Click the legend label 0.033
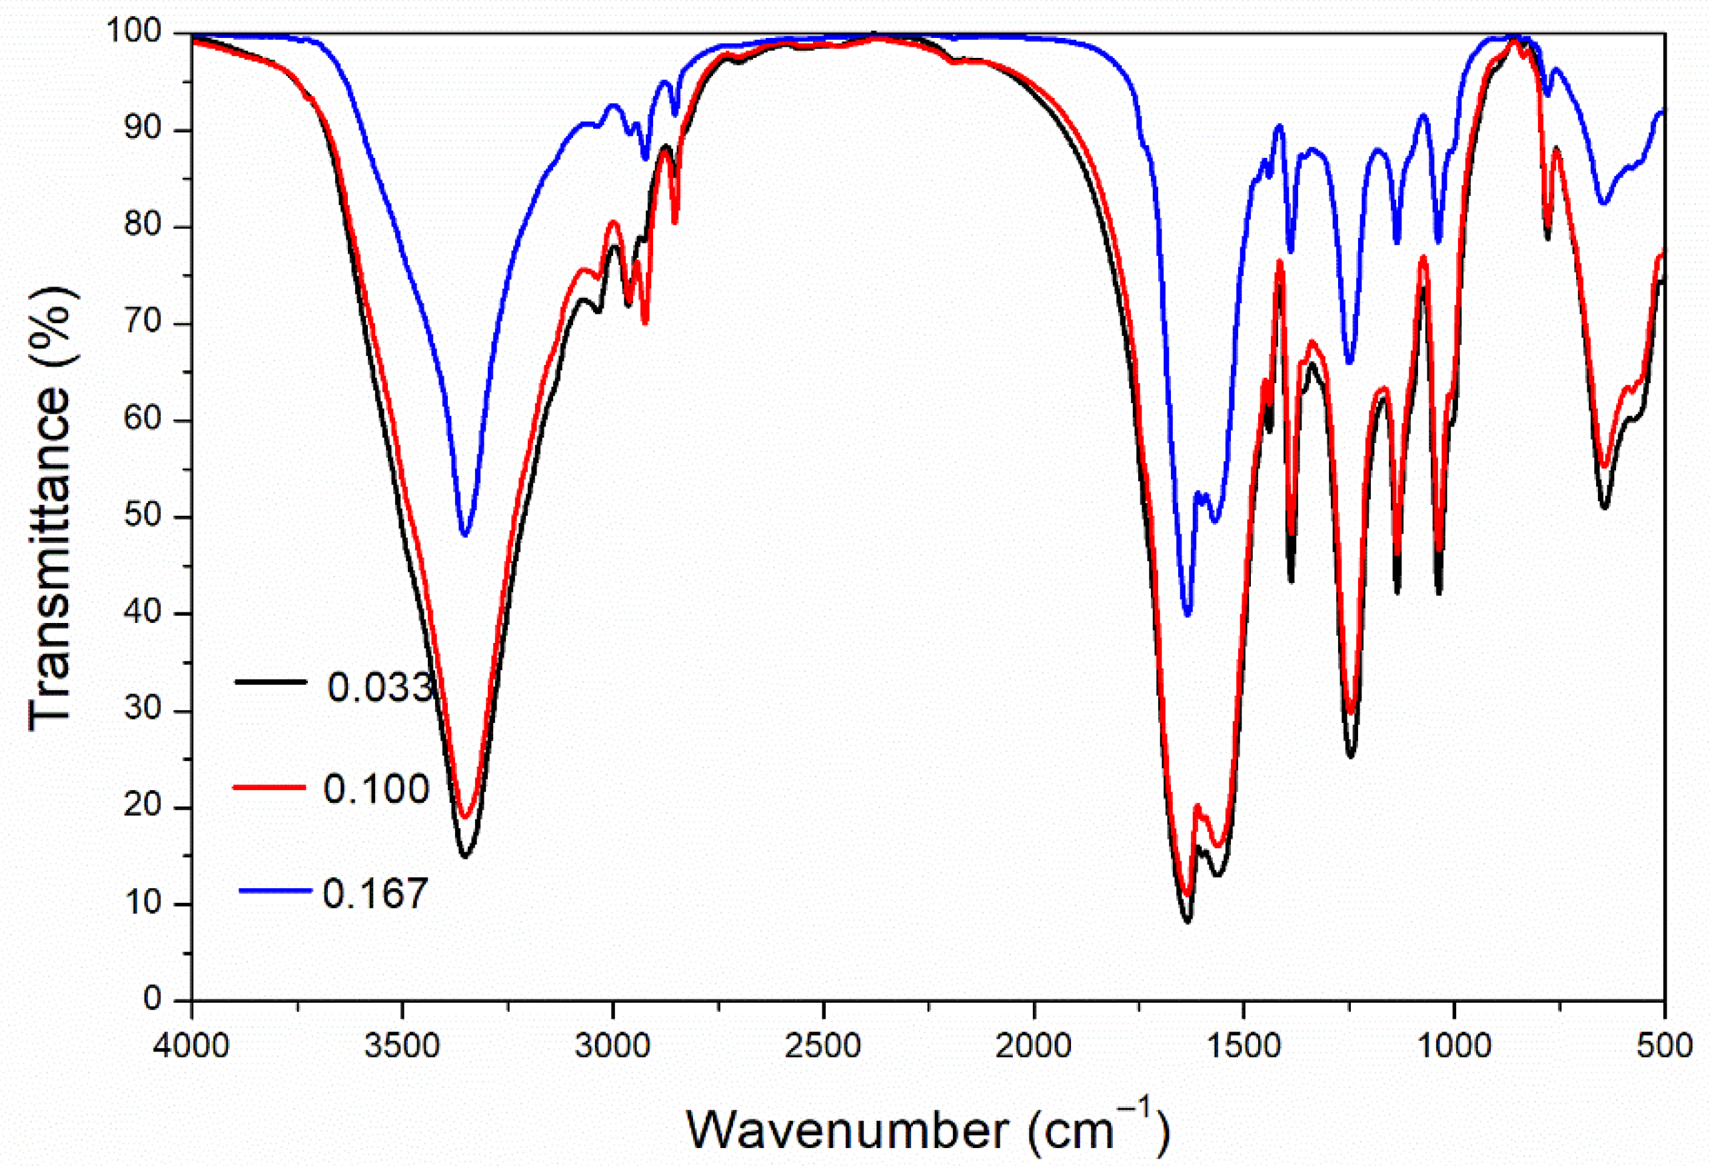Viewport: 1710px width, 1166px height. [380, 687]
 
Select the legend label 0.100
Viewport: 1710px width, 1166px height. [376, 789]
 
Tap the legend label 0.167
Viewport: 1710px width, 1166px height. [375, 893]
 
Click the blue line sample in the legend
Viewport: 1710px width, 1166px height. [275, 890]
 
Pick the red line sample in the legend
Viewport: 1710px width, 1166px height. [269, 787]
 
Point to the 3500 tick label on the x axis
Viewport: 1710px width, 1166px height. [402, 1045]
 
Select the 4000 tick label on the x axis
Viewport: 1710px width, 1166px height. [191, 1045]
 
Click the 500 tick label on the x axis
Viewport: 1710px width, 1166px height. [1665, 1045]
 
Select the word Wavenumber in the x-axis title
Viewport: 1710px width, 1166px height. [847, 1129]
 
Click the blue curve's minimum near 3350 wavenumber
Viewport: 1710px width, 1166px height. [464, 534]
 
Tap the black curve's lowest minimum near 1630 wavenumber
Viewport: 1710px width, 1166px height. [1187, 920]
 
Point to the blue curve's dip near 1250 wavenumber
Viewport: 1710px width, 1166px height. [1349, 362]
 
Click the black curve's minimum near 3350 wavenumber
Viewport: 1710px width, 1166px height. [464, 856]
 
